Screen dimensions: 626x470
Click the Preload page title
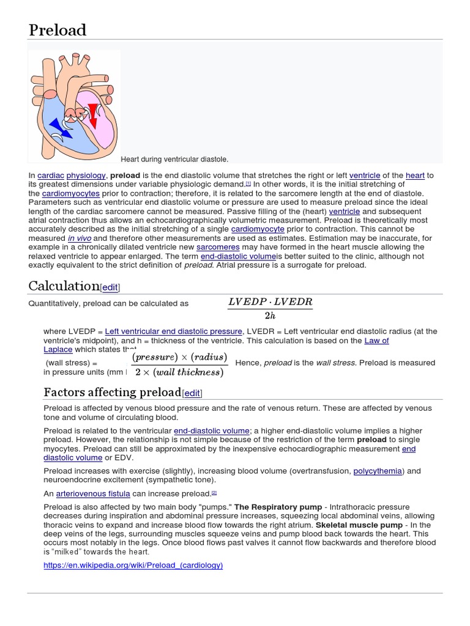click(x=58, y=29)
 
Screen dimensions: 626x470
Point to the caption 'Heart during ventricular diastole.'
click(x=174, y=160)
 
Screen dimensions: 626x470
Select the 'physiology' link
click(x=86, y=175)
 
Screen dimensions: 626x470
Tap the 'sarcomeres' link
click(x=217, y=247)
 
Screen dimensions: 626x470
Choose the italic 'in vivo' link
click(x=79, y=238)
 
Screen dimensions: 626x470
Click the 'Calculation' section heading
click(x=64, y=285)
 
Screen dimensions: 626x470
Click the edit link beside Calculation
click(x=110, y=287)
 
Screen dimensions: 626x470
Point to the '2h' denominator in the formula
click(x=270, y=315)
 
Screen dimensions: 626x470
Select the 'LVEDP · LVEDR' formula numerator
click(x=270, y=302)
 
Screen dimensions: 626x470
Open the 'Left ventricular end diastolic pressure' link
click(x=174, y=331)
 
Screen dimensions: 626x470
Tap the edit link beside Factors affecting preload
click(x=192, y=393)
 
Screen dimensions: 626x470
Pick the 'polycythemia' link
click(x=378, y=471)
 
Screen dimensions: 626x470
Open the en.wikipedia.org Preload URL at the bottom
click(x=133, y=565)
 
